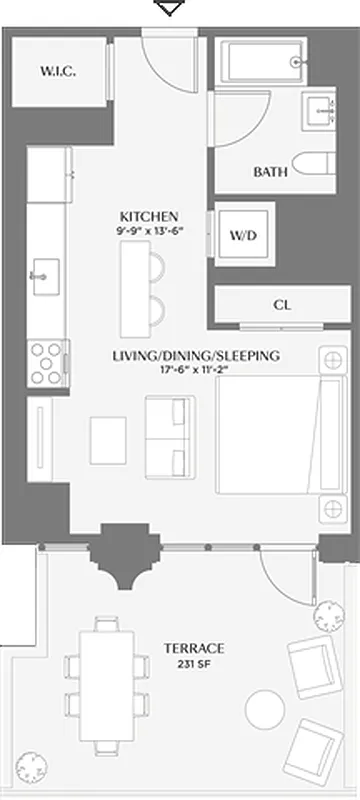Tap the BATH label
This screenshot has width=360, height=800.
tap(270, 172)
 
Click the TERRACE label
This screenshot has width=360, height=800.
tap(195, 648)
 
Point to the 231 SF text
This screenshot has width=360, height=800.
tap(195, 663)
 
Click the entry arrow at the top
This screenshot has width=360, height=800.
tap(171, 9)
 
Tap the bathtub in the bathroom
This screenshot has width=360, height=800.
tap(261, 63)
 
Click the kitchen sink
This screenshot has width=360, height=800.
tap(45, 273)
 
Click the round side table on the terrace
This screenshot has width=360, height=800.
tap(267, 710)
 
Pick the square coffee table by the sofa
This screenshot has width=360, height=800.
tap(109, 438)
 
